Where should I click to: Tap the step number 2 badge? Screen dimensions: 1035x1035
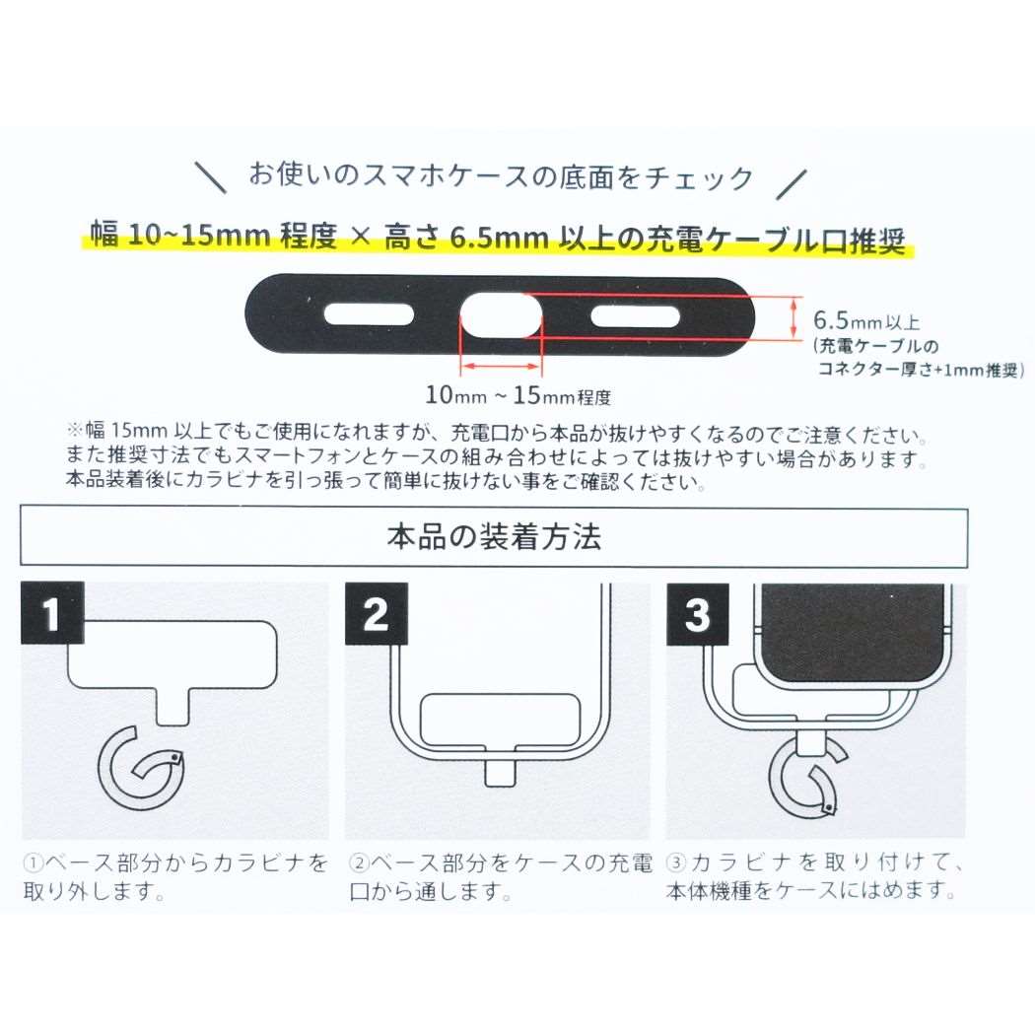coord(376,615)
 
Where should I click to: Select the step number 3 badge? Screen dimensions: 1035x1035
coord(696,615)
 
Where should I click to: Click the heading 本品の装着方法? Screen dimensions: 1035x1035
coord(494,538)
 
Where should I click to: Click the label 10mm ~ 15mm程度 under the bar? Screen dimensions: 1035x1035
coord(518,397)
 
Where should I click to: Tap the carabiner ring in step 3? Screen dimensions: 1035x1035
coord(806,780)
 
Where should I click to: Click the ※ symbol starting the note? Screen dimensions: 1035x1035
coord(75,434)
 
